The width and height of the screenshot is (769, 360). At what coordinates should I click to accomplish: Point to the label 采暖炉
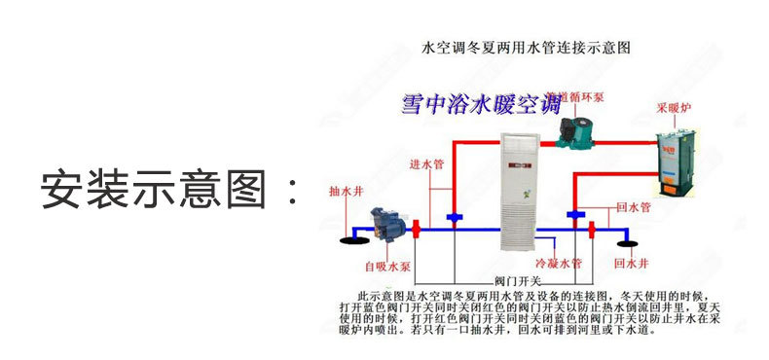click(673, 107)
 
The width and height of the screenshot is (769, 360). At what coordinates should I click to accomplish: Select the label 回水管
click(634, 207)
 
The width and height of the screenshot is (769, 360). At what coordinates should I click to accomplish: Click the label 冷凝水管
click(559, 263)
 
